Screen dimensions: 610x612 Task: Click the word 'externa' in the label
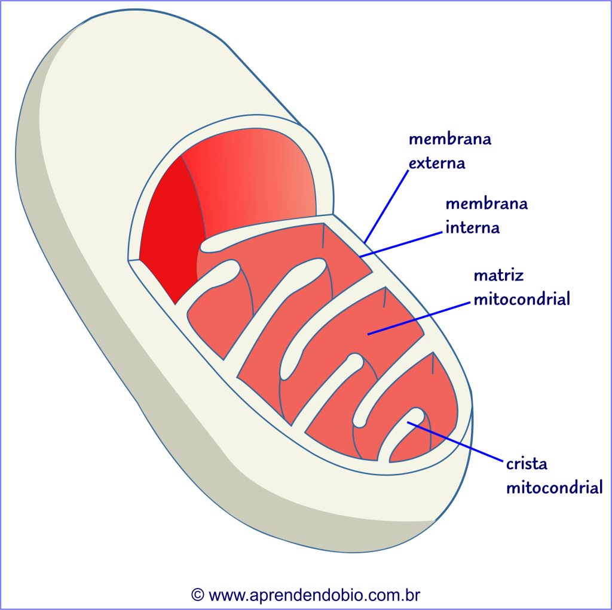437,163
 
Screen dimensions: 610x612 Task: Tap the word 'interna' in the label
472,227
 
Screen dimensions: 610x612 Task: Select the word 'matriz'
498,276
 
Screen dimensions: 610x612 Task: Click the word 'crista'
527,464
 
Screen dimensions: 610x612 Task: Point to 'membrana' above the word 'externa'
449,139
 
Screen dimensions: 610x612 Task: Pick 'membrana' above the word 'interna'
486,204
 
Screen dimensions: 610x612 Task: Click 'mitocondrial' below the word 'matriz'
521,299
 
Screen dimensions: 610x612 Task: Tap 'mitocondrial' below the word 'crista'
554,488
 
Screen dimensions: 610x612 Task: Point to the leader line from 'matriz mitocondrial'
418,318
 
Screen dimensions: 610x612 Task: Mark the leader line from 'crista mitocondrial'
454,441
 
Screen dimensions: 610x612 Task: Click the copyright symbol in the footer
198,594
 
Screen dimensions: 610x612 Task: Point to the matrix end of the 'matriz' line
369,334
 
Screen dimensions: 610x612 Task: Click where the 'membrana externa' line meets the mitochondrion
365,241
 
